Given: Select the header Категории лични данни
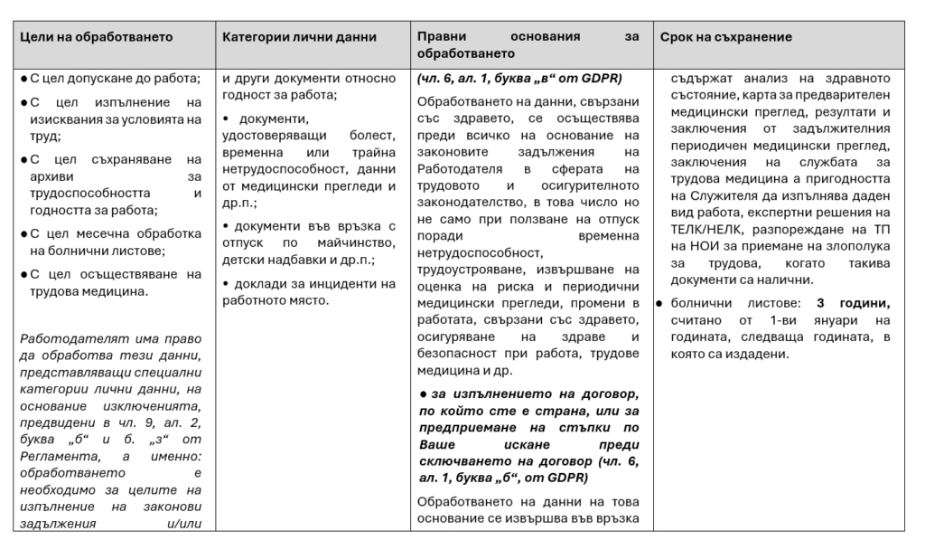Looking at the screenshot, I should (299, 37).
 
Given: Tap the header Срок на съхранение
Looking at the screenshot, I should (725, 37).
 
